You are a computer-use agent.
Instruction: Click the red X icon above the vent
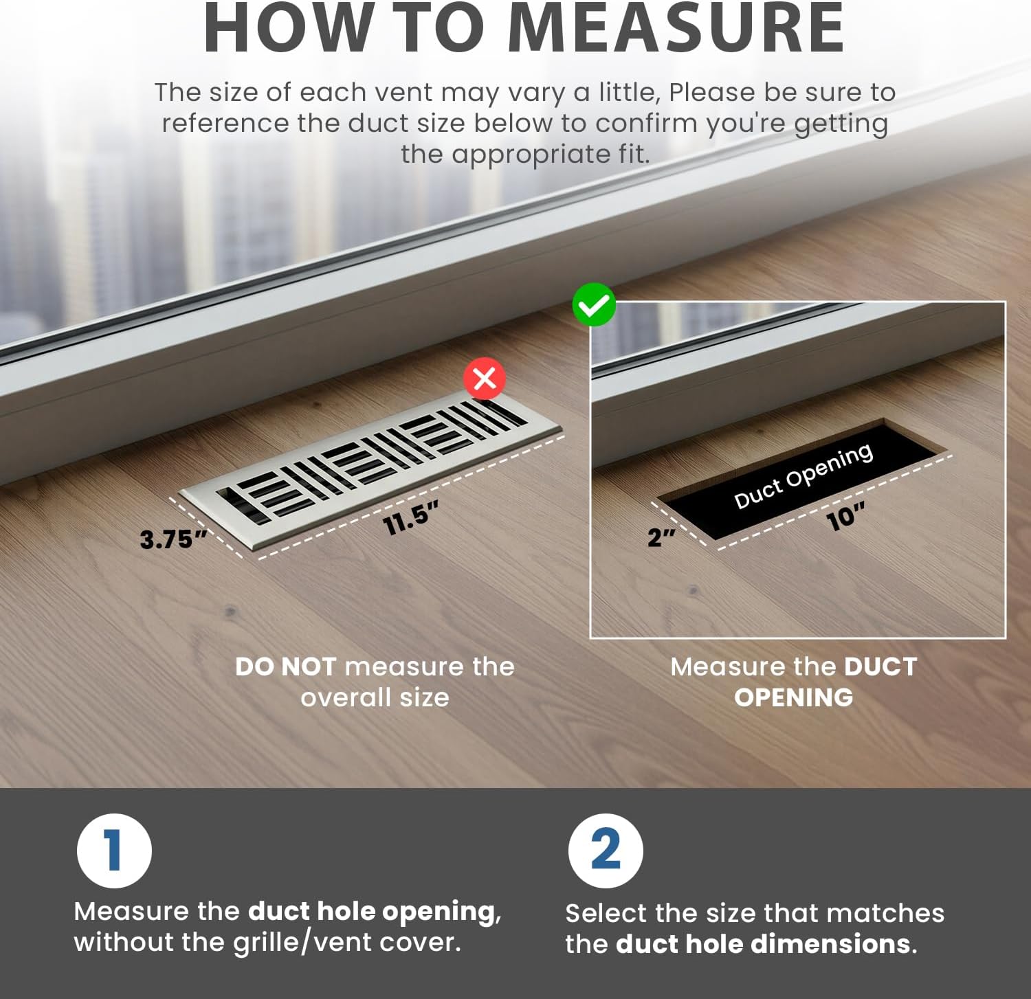(x=485, y=378)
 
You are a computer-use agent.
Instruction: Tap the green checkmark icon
(x=594, y=305)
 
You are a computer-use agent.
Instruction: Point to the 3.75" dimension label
(x=173, y=539)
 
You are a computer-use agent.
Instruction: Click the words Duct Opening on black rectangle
(x=803, y=475)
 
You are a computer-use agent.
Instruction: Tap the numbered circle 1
(x=114, y=851)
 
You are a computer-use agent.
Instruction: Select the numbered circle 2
(x=606, y=851)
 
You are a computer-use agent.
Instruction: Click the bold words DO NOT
(x=285, y=666)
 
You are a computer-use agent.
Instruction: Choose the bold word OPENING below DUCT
(x=794, y=697)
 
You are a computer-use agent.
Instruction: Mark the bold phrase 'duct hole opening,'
(x=375, y=912)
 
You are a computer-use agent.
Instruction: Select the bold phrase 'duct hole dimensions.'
(x=766, y=944)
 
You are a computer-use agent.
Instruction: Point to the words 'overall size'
(x=375, y=697)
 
